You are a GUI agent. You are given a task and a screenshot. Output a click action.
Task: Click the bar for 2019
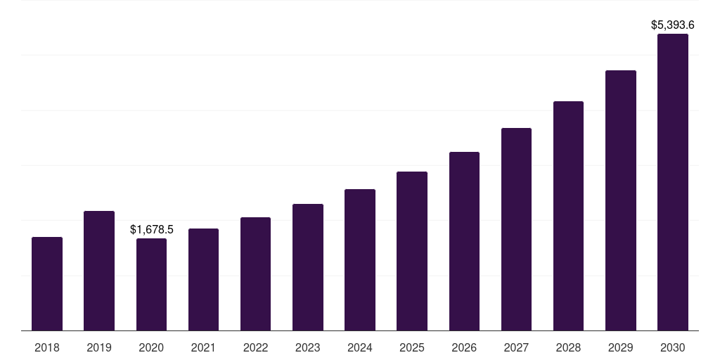click(99, 271)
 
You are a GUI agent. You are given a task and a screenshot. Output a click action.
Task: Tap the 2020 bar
click(151, 284)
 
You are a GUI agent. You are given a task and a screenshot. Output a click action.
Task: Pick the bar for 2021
click(203, 279)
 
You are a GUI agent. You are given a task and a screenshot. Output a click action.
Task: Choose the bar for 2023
click(308, 267)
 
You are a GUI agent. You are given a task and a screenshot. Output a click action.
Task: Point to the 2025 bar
click(412, 251)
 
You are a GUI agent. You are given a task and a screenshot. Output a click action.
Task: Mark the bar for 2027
click(516, 229)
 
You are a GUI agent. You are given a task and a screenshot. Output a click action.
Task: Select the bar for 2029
click(621, 200)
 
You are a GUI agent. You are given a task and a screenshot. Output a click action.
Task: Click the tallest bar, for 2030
click(673, 182)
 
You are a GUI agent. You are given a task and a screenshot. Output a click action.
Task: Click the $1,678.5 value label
click(152, 229)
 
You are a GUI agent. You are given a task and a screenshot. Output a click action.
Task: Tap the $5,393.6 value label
click(673, 25)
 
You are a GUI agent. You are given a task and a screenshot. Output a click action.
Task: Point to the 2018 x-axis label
click(47, 347)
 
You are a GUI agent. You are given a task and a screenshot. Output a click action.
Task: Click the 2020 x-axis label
click(151, 347)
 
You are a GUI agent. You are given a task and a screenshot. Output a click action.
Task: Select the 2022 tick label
click(256, 347)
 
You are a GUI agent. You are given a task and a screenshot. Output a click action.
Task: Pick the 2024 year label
click(360, 347)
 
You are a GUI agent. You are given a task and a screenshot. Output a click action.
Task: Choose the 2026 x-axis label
click(464, 347)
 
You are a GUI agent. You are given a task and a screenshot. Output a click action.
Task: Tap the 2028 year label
click(568, 347)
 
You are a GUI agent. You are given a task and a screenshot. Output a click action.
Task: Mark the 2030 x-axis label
click(673, 347)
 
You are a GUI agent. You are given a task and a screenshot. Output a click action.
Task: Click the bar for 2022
click(256, 274)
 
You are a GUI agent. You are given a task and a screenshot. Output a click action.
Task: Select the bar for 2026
click(464, 241)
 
